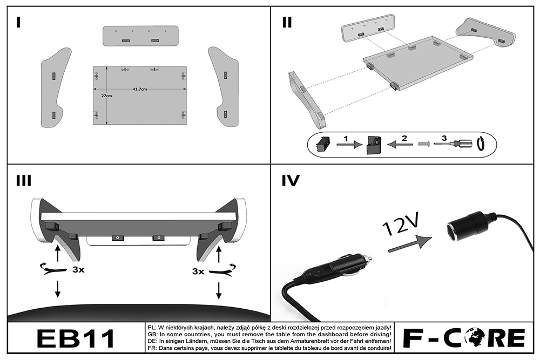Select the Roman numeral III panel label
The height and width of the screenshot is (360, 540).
23,181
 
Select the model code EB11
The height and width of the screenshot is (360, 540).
76,338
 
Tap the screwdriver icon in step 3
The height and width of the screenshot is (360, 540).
457,144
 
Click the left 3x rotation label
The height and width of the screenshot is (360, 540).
78,270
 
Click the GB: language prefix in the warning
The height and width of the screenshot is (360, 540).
152,334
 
